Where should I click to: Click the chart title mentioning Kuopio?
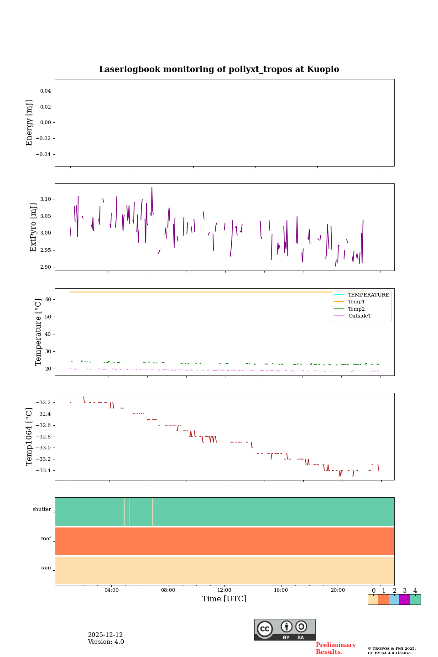click(x=219, y=69)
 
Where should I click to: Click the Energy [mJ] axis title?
click(x=30, y=123)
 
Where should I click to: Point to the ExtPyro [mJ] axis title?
click(x=33, y=227)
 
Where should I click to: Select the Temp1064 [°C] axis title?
click(x=30, y=437)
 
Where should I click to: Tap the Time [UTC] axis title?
click(x=224, y=599)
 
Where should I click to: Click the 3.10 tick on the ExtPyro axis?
click(x=45, y=199)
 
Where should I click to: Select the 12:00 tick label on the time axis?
click(x=224, y=590)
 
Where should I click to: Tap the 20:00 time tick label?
click(x=338, y=590)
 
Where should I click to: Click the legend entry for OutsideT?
click(x=360, y=316)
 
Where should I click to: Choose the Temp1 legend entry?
click(x=356, y=302)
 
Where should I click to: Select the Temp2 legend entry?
click(x=356, y=309)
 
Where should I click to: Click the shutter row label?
click(x=42, y=510)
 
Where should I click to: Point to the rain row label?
click(x=46, y=568)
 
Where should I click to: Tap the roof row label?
click(x=46, y=539)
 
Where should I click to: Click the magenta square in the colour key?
click(x=404, y=600)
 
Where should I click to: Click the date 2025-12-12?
click(x=105, y=635)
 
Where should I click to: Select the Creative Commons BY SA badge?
click(x=285, y=630)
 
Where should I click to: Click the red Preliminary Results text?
click(x=335, y=648)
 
